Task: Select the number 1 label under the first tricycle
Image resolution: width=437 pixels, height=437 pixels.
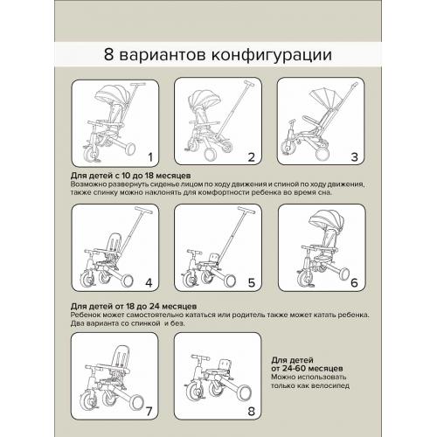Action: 149,158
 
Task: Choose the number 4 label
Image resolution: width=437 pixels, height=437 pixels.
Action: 149,282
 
